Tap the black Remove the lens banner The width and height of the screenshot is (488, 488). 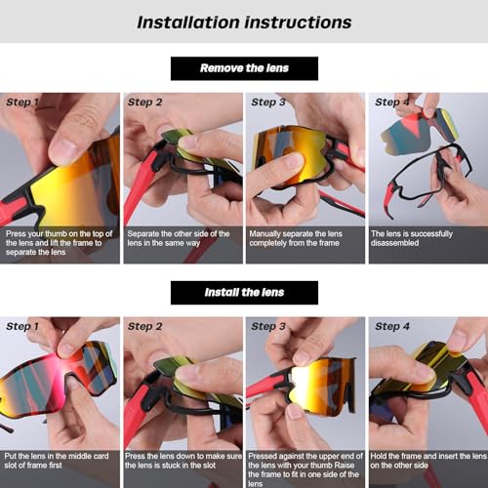pos(244,68)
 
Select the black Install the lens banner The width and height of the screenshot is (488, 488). pos(244,293)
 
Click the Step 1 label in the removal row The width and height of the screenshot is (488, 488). pos(24,102)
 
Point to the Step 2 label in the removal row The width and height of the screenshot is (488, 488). pos(146,102)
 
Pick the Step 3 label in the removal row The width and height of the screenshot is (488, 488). pos(268,102)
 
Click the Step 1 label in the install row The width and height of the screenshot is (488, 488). pos(24,326)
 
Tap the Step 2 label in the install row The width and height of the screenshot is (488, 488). pos(146,326)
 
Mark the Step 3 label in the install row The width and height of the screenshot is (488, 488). pos(268,326)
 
